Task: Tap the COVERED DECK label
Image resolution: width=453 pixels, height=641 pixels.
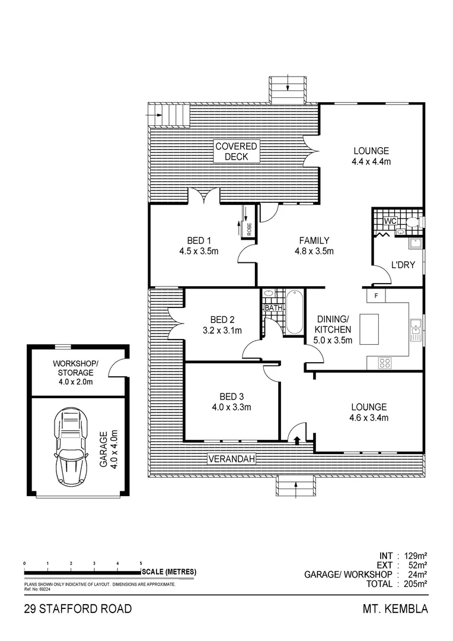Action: (236, 151)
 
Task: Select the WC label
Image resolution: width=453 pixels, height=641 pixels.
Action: (390, 221)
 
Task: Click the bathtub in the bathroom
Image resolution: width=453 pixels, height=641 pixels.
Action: (294, 312)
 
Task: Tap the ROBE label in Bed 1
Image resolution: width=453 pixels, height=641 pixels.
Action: (249, 229)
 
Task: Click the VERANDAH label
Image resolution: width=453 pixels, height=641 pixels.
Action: (231, 459)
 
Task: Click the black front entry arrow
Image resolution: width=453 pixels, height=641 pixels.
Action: (296, 439)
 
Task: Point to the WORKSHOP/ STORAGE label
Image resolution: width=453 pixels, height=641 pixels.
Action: (76, 368)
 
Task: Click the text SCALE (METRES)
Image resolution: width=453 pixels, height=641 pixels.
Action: (169, 572)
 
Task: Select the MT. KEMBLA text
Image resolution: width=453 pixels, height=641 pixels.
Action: (395, 609)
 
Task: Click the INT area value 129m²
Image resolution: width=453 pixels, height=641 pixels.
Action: (415, 556)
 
